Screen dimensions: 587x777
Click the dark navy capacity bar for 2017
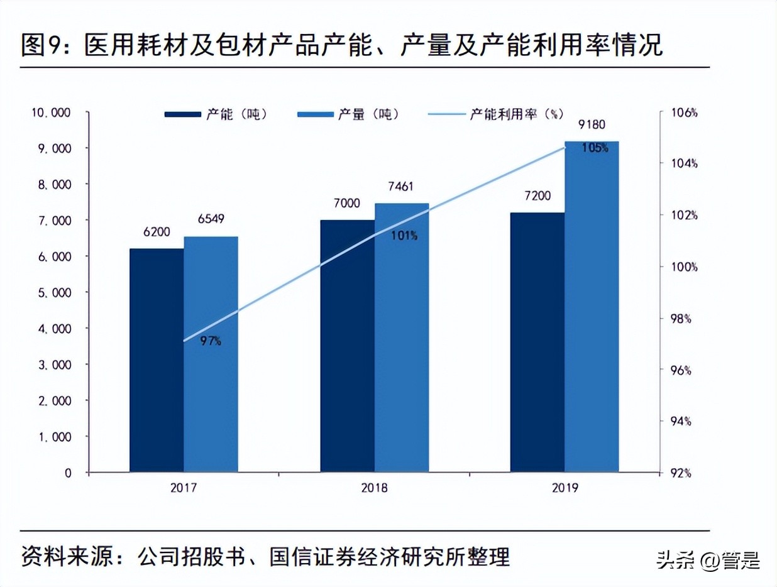click(157, 359)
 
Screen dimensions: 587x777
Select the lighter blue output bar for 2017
click(211, 354)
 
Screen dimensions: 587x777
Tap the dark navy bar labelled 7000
click(347, 346)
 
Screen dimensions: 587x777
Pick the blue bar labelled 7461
click(402, 337)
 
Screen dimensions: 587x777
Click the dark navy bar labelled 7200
click(537, 342)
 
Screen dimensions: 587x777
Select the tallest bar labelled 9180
click(591, 306)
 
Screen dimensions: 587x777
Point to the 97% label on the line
click(211, 341)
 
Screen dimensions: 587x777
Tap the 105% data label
click(595, 148)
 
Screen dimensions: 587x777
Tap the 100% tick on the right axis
click(683, 267)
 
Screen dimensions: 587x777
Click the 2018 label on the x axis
click(375, 488)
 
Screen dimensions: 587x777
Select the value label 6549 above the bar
click(211, 219)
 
